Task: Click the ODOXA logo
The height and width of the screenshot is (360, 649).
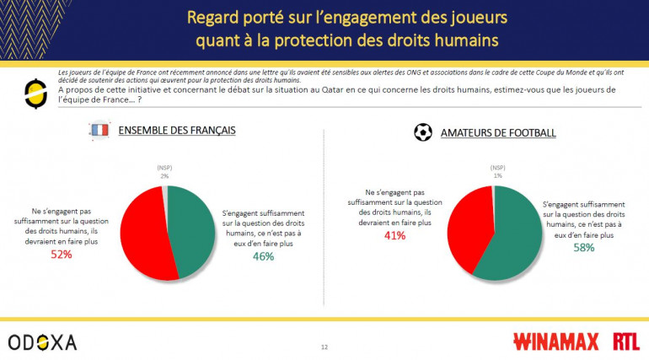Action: tap(42, 341)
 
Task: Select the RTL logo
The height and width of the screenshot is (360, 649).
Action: tap(625, 341)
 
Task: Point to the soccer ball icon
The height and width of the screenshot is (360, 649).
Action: tap(422, 132)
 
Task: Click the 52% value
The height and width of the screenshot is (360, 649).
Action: tap(60, 254)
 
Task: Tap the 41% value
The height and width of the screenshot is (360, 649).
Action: tap(394, 235)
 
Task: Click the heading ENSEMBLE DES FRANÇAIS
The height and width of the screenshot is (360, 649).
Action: tap(176, 132)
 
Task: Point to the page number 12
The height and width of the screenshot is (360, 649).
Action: tap(324, 347)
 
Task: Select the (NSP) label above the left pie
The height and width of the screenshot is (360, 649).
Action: tap(164, 168)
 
